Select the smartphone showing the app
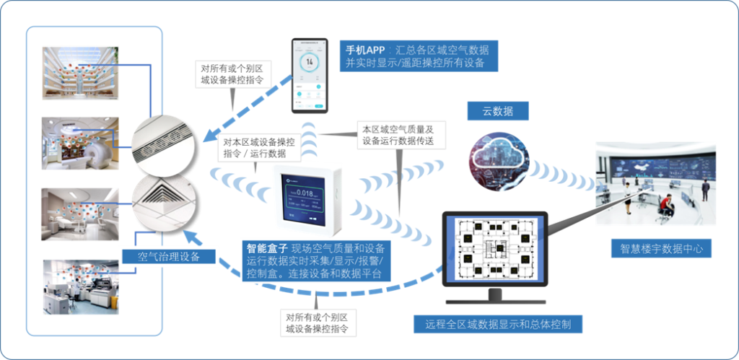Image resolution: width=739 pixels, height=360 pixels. [314, 75]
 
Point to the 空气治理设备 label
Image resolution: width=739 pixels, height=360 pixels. [168, 256]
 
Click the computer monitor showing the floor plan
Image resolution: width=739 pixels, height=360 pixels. [494, 249]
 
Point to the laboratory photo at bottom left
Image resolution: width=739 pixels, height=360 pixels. [79, 286]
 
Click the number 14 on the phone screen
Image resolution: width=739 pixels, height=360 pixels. [310, 62]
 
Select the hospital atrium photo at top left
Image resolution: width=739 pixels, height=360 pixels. [79, 72]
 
